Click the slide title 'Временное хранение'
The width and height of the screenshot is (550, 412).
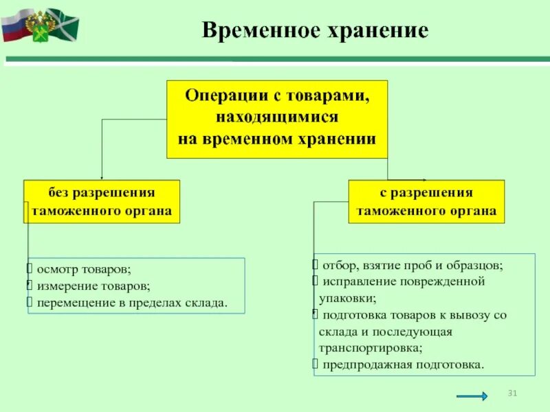314,31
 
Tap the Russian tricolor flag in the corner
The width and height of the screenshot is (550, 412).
14,25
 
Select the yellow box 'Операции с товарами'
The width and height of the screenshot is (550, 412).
277,117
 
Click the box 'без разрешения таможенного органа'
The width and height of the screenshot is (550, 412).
102,201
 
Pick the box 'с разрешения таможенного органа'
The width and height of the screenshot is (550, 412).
426,201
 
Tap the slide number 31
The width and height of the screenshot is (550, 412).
511,393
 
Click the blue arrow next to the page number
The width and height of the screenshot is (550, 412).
472,396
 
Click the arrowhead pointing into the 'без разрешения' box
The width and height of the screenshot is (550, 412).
102,177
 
